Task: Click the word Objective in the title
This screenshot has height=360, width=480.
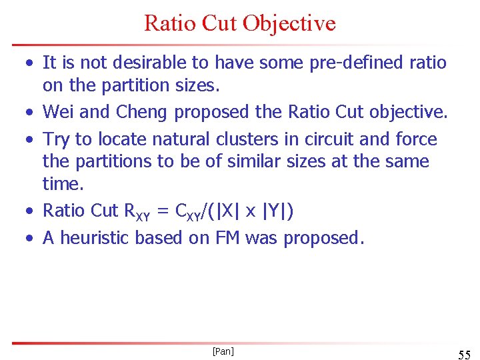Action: pos(289,23)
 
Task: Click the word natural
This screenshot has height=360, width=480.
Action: pos(177,139)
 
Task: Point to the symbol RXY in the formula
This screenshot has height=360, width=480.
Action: pos(137,211)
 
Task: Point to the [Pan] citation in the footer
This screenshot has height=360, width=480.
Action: pos(222,351)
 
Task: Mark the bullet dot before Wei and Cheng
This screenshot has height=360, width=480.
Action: pos(31,113)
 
